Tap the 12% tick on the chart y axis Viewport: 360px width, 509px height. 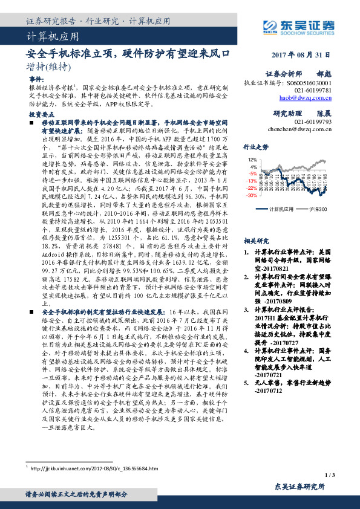pos(253,160)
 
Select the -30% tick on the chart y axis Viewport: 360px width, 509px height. pos(252,196)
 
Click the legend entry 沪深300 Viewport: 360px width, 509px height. pos(319,209)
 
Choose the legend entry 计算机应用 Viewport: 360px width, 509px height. pos(280,209)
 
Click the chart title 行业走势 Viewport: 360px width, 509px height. pos(255,147)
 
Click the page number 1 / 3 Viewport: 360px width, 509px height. pos(329,477)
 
